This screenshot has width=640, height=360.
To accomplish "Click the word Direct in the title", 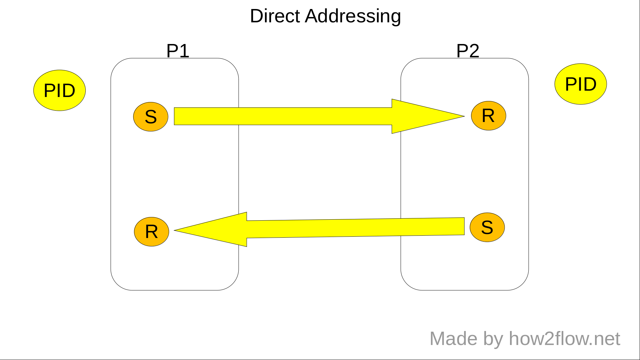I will [x=275, y=16].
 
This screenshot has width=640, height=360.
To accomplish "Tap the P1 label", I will [x=178, y=51].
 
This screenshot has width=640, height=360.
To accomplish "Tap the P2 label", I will [x=468, y=51].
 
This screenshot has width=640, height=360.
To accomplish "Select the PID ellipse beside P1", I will [x=60, y=90].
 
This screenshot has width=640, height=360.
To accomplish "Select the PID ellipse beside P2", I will [x=581, y=84].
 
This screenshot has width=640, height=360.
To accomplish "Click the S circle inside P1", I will [x=151, y=117].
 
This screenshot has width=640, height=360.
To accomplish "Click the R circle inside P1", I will [x=152, y=232].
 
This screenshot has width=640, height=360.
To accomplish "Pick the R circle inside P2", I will [x=488, y=116].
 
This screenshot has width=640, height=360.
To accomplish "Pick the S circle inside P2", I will [x=487, y=227].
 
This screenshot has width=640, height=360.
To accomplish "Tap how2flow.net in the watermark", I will [x=564, y=339].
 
